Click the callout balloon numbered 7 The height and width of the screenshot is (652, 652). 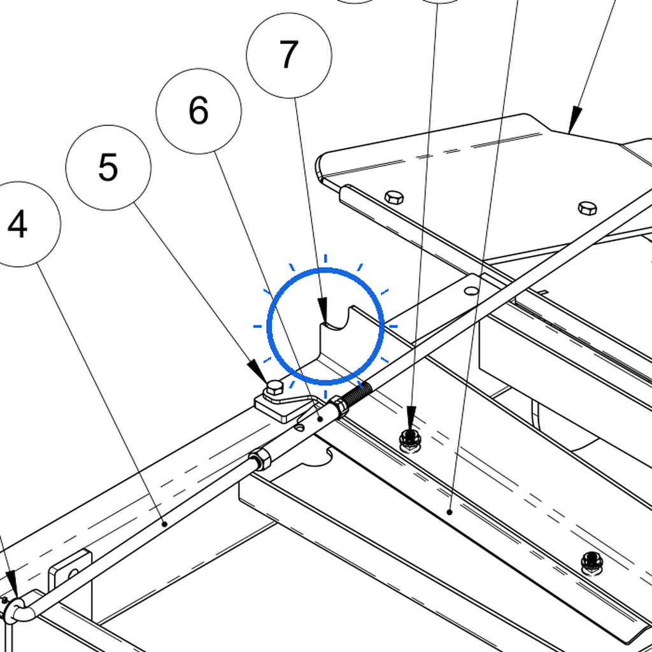point(289,55)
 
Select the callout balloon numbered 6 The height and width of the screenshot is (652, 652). point(199,111)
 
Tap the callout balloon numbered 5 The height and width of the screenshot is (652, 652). point(108,167)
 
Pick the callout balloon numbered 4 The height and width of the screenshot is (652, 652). point(18,224)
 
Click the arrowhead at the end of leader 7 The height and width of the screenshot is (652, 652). point(323,310)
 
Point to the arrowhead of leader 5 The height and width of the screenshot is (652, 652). point(258,371)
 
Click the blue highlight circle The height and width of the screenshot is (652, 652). point(325,326)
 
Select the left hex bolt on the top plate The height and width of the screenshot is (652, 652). point(393,197)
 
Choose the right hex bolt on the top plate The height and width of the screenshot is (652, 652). point(588,208)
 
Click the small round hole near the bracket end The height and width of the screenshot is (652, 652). point(471,290)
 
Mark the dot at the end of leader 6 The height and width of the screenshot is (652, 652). point(320,419)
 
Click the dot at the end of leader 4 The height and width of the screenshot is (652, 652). point(165,525)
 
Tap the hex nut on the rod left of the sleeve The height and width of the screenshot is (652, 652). point(260,458)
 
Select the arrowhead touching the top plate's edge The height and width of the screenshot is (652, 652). point(575,119)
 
